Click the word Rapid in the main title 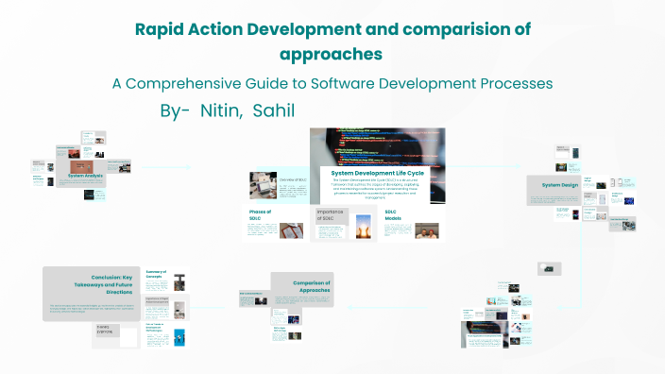click(161, 29)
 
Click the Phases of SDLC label click(261, 215)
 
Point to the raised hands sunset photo click(363, 224)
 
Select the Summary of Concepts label click(156, 276)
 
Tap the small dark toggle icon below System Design click(546, 269)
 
